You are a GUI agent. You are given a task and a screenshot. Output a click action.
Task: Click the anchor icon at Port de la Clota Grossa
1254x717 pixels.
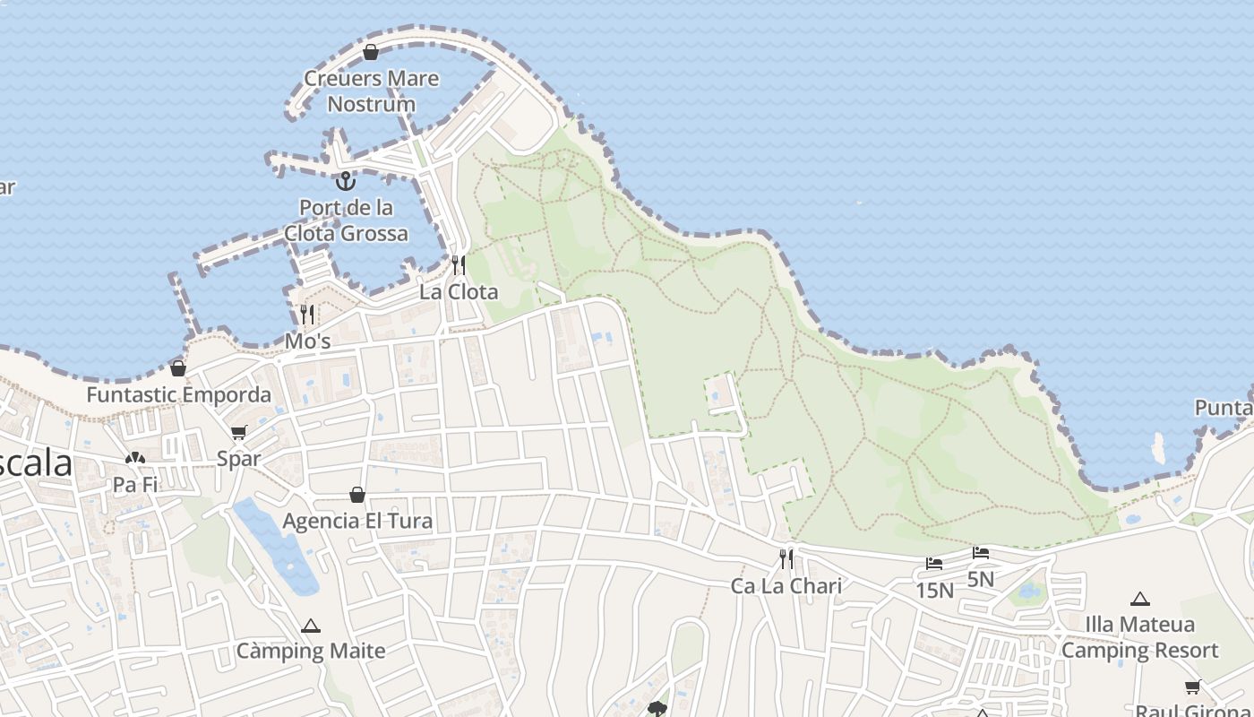point(345,181)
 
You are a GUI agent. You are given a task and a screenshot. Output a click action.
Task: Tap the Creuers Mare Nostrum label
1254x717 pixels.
point(371,91)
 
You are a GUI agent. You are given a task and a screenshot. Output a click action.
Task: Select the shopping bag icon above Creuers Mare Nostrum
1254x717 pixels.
point(371,52)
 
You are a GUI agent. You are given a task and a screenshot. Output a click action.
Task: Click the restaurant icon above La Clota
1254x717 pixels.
point(459,264)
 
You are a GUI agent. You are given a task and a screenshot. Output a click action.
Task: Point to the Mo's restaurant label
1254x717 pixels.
point(307,341)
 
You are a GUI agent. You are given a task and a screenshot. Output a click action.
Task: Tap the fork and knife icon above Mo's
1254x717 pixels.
point(307,314)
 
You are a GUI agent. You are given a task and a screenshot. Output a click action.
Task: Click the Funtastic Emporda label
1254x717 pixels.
point(178,394)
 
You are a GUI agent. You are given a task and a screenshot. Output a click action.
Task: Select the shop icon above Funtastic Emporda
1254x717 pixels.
point(178,367)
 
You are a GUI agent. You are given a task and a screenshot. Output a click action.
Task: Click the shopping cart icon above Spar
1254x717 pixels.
point(239,433)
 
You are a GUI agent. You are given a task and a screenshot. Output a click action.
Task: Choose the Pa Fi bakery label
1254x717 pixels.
point(135,485)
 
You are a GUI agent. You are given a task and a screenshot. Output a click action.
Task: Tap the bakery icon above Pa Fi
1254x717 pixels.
point(135,458)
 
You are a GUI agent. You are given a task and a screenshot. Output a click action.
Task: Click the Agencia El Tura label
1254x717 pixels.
point(357,521)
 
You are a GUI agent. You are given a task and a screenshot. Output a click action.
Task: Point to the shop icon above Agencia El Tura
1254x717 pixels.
point(357,494)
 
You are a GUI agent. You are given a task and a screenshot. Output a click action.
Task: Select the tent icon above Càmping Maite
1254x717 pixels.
point(311,626)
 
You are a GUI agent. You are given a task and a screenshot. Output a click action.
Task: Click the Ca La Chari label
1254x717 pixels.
point(786,586)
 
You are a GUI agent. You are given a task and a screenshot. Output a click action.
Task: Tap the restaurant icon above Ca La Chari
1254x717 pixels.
point(786,559)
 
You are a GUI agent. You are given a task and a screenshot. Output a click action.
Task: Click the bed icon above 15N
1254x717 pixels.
point(934,564)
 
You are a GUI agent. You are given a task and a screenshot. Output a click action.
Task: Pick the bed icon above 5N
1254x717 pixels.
point(981,553)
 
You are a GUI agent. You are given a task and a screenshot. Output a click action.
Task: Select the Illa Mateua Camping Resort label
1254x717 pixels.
point(1140,637)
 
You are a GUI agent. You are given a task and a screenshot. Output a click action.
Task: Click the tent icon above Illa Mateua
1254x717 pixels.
point(1140,599)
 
